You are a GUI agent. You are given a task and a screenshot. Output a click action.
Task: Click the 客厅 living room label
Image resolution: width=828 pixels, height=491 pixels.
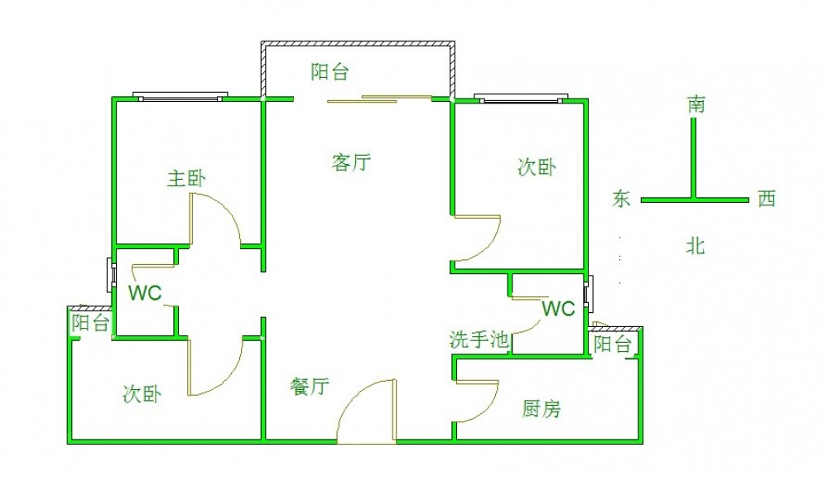coord(350,162)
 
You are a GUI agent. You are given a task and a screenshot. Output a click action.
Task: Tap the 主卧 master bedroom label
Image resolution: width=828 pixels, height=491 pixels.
coord(186,178)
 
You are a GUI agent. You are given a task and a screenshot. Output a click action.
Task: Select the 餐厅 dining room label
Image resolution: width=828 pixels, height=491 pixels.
coord(310,387)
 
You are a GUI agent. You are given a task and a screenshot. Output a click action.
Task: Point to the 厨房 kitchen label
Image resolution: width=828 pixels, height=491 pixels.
coord(542,408)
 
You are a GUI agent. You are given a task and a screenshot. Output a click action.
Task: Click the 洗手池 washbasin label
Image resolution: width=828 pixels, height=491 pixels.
coord(479,339)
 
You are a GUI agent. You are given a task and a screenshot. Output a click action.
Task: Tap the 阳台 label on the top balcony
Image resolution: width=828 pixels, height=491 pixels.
coord(330,72)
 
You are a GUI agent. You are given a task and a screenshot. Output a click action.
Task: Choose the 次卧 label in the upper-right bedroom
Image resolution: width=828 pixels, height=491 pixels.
coord(537,167)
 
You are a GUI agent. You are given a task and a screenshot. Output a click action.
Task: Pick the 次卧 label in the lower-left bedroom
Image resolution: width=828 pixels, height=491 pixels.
coord(142,394)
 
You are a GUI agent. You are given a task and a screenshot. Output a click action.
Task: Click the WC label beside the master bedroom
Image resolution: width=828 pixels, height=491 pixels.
coord(144,293)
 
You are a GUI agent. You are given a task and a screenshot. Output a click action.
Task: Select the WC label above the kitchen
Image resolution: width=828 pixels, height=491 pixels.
coord(558,310)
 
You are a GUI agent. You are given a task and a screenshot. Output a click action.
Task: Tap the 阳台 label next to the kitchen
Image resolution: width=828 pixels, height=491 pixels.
coord(613,344)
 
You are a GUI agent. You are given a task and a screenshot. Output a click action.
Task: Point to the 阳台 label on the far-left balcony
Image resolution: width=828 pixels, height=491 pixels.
coord(90,323)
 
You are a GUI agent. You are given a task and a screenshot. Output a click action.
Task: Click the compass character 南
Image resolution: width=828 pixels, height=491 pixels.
coord(696,105)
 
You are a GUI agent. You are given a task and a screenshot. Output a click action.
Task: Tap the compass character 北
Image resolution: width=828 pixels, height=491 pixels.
coord(696,245)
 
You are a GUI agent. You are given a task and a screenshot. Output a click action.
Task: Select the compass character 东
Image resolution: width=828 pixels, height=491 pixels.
coord(622,199)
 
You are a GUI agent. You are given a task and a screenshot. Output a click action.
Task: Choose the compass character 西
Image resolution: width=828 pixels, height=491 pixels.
coord(766,199)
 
